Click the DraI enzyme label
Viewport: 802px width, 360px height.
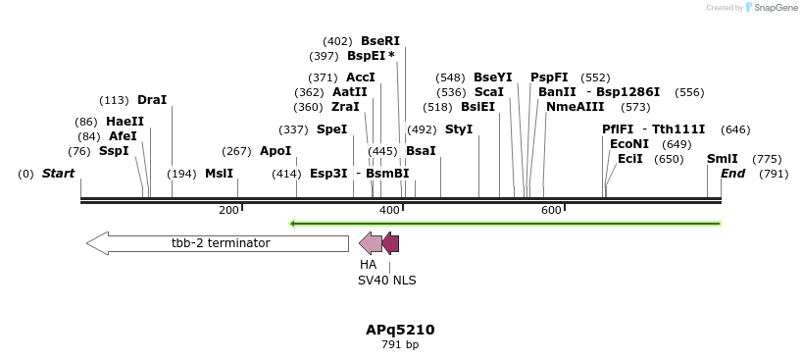[152, 100]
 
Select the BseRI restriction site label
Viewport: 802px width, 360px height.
[380, 41]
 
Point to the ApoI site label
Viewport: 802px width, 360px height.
[276, 151]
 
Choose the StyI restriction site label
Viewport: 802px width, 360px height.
[459, 129]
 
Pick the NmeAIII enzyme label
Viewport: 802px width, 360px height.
[576, 107]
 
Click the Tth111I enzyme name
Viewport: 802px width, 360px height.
[678, 129]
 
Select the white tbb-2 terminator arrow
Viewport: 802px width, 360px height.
[218, 243]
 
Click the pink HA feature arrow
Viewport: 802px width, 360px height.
[371, 243]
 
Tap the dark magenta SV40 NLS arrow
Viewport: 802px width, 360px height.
[390, 243]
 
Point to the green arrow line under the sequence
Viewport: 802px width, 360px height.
[505, 224]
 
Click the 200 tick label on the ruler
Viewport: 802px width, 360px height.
[228, 211]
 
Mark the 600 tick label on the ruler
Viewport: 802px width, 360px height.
[551, 211]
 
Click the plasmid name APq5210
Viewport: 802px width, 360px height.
[400, 330]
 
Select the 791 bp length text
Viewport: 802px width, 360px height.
[400, 344]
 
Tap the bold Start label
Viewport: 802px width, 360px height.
[58, 174]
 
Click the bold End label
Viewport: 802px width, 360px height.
[732, 174]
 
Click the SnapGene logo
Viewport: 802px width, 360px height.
[769, 8]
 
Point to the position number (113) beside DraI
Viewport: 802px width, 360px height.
[114, 100]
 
